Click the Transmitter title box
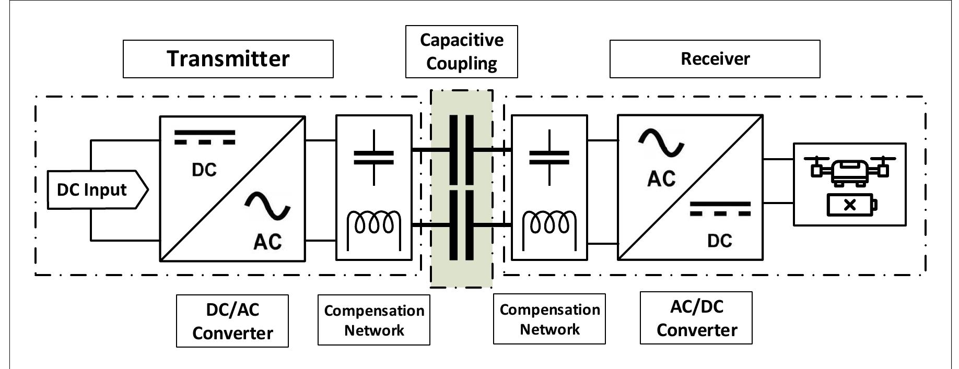228,59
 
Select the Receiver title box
715,59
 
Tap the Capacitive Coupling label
461,52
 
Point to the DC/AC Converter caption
232,321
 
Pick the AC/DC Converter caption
696,318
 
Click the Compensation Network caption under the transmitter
374,320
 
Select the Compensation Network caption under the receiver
549,319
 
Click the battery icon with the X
851,205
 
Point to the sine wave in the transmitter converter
267,206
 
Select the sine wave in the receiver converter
661,143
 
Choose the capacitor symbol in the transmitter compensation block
374,157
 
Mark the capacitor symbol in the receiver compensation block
549,157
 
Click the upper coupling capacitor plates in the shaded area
462,150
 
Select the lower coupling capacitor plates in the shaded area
462,225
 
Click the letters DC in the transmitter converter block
204,170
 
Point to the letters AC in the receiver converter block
661,179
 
